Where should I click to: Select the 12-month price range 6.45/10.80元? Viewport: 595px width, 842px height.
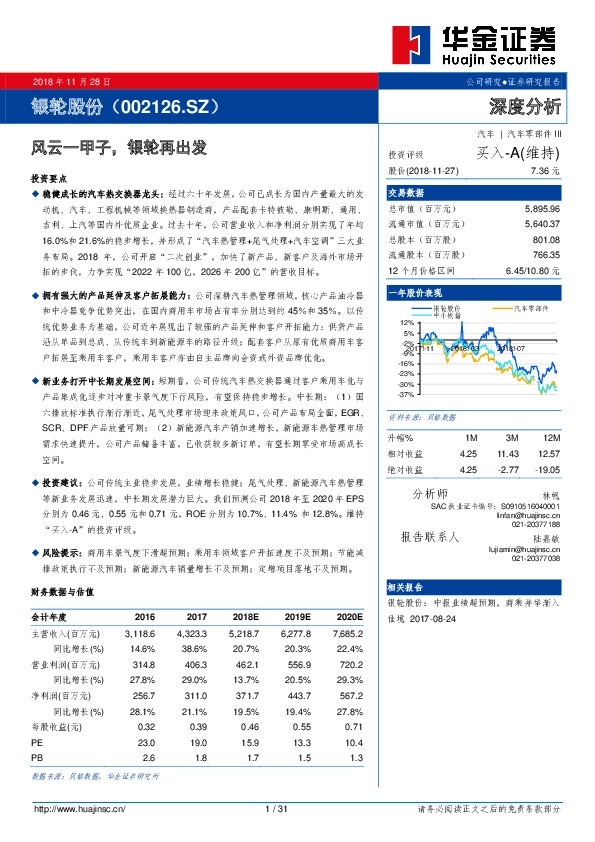tap(531, 270)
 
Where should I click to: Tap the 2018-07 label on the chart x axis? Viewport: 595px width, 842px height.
tap(500, 347)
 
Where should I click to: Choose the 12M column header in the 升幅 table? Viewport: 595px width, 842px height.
tap(548, 437)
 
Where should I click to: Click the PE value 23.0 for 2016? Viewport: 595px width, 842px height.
tap(145, 742)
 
